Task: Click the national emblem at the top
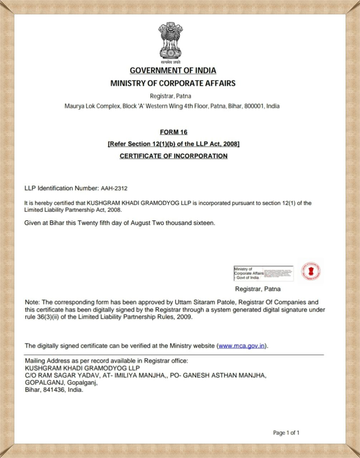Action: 171,41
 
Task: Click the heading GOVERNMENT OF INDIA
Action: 173,70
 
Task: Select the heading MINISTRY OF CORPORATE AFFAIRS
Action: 173,83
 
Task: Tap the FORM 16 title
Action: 174,132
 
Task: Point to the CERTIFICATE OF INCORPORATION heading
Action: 174,156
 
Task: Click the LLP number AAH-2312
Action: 114,188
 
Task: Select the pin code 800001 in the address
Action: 254,106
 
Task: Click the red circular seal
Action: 311,271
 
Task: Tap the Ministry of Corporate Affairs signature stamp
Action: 263,273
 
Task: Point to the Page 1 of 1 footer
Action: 286,433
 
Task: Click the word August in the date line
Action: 140,223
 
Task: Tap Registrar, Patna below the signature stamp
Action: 258,289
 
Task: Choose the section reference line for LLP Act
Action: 174,144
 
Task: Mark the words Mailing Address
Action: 45,361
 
